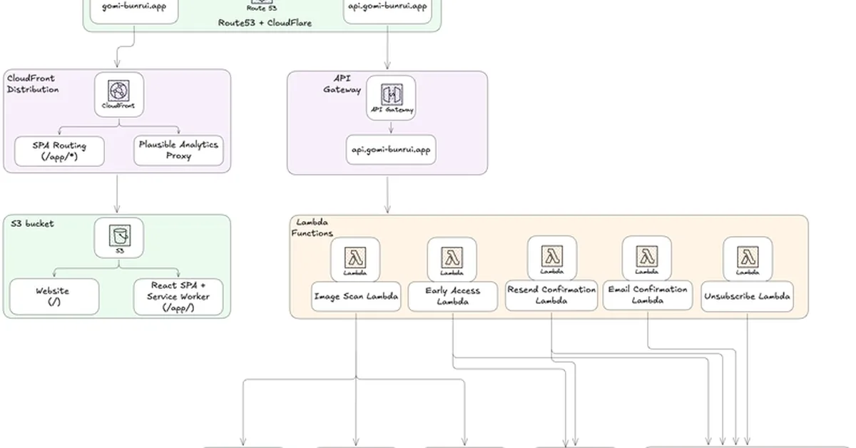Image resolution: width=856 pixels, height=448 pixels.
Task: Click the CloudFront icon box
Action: coord(118,94)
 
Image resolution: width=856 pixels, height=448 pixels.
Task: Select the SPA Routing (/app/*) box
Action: coord(60,151)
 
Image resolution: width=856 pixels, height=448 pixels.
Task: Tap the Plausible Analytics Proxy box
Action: coord(179,150)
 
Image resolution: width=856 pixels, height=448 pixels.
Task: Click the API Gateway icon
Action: coord(391,97)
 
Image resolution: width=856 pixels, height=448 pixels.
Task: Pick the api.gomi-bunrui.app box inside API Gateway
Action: coord(391,150)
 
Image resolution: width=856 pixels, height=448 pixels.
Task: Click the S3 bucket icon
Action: coord(118,238)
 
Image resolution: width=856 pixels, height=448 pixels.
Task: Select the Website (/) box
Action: coord(53,297)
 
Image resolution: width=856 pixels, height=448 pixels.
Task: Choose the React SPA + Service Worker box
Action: coord(178,297)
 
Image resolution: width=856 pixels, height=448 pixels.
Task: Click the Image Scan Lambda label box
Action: coord(355,297)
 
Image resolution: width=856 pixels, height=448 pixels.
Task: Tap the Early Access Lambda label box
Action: coord(453,296)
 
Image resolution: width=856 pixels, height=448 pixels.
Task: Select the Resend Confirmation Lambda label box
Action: coord(551,295)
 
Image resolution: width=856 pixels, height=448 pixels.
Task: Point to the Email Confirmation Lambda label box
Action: coord(648,295)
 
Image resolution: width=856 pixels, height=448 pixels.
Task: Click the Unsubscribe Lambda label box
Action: coord(747,296)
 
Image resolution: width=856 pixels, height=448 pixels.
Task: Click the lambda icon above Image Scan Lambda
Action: coord(355,259)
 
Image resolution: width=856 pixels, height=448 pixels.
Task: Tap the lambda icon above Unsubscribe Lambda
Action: coord(747,259)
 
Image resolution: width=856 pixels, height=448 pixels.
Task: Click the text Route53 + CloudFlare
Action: coord(265,23)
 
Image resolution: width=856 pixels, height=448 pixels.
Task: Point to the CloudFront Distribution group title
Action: coord(33,83)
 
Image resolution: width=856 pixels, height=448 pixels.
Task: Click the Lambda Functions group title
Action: coord(312,228)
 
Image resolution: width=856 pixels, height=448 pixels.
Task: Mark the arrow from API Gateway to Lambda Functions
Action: coord(388,194)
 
